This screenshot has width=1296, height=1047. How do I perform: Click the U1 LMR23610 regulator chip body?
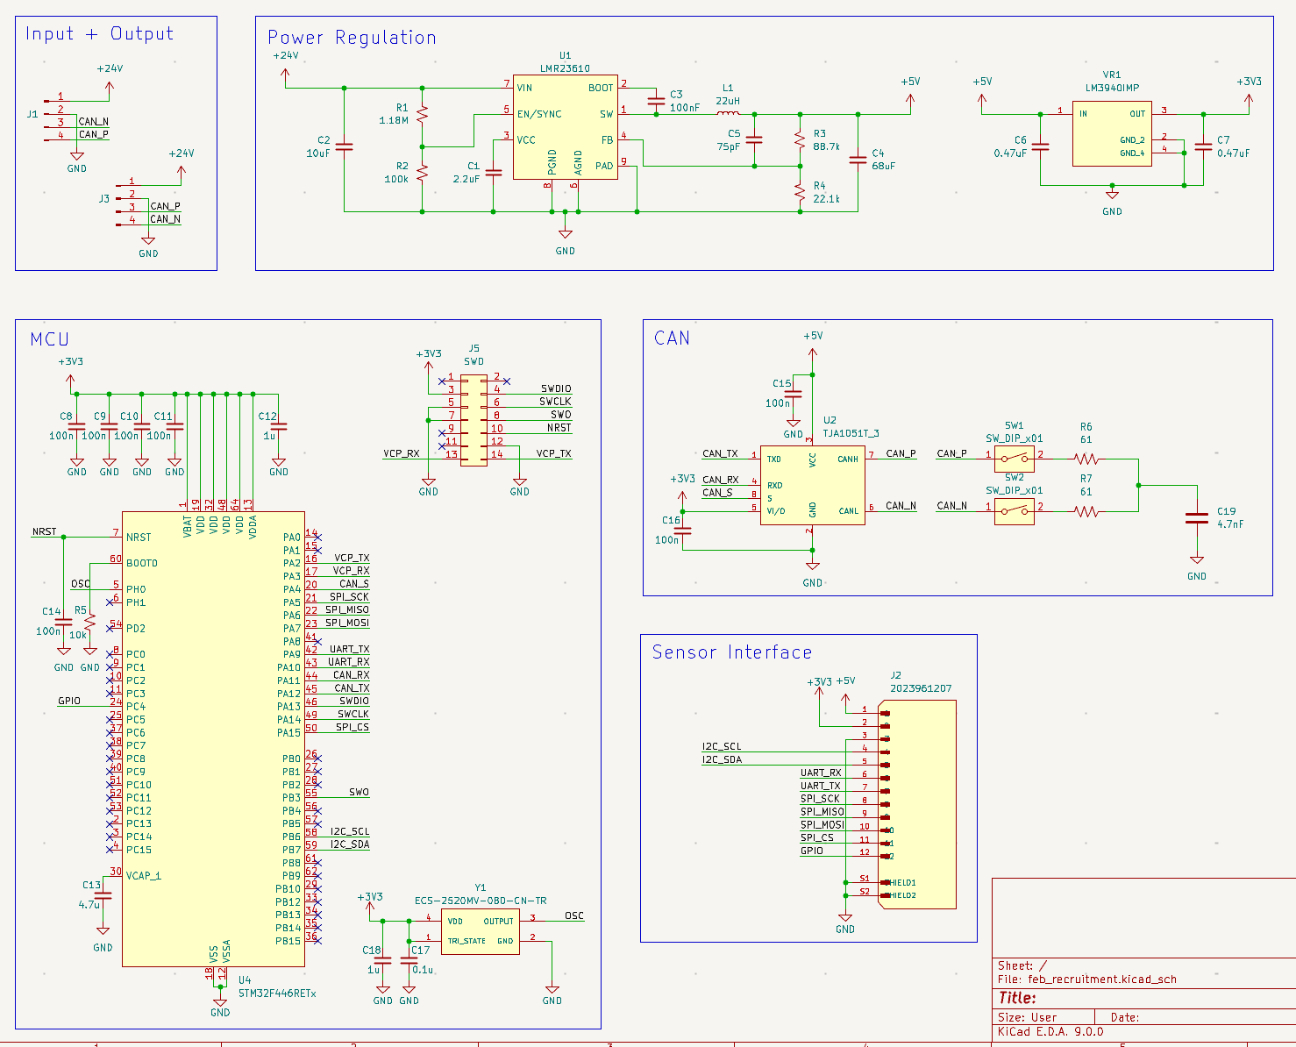565,127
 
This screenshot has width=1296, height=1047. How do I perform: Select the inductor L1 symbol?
728,113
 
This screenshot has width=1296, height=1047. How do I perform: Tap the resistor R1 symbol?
422,114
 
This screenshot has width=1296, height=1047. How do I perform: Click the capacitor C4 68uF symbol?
858,160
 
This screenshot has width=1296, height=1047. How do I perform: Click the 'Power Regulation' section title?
352,38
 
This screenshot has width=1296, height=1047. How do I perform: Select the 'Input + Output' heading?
99,34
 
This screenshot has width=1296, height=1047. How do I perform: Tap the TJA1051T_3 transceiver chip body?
812,485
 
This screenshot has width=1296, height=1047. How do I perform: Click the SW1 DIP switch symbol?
1014,457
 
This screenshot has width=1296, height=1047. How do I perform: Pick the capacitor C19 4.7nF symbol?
1197,518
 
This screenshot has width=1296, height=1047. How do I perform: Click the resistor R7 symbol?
1086,511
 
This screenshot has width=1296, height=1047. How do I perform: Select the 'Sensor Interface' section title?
731,652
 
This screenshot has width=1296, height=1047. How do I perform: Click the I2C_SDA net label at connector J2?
722,759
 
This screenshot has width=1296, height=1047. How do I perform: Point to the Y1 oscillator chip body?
480,931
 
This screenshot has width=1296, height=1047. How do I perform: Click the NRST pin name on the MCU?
139,538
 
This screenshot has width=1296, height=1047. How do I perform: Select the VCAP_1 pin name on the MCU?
144,876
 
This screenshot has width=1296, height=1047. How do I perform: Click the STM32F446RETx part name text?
277,994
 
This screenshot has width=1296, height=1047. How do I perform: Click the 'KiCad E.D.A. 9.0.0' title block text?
1050,1032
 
